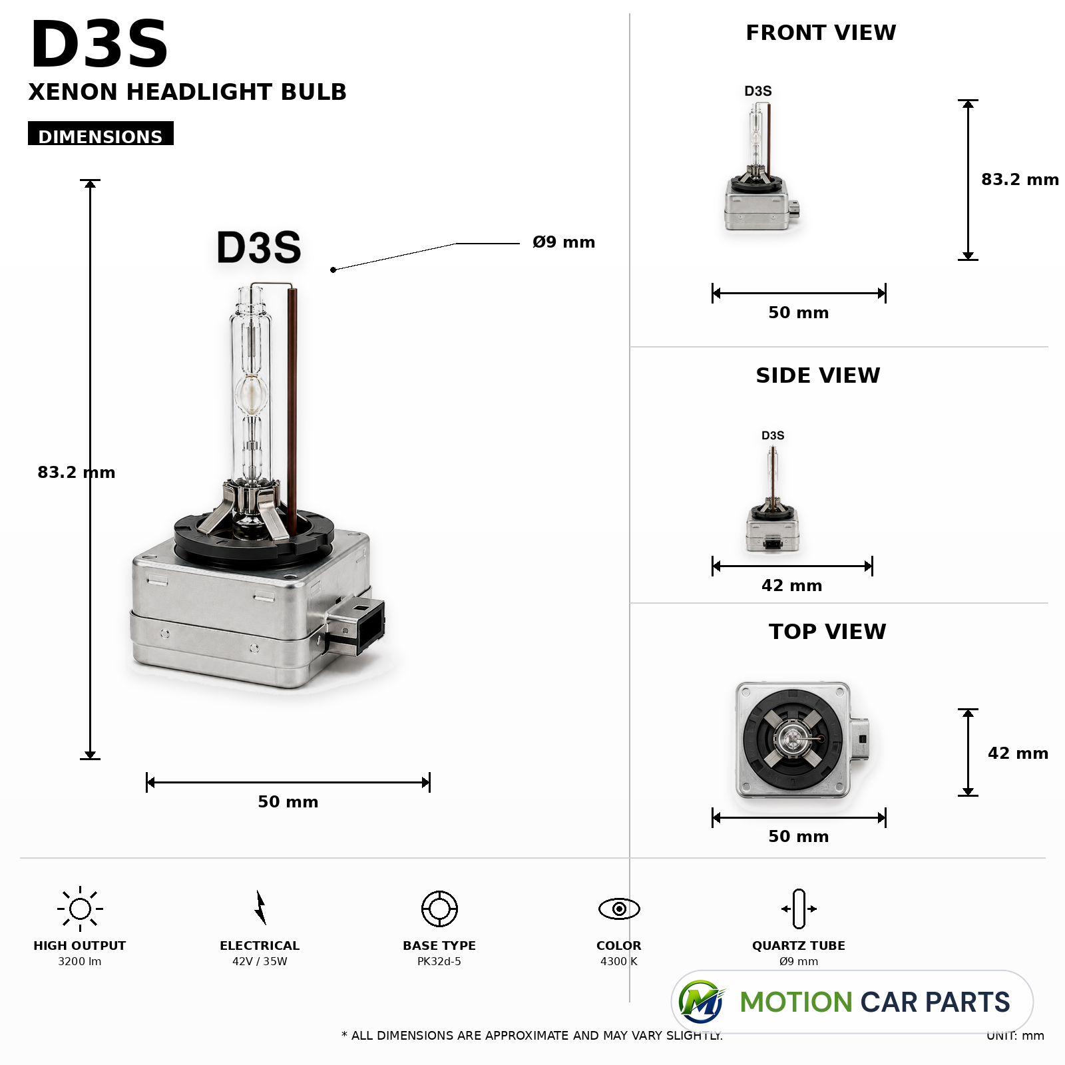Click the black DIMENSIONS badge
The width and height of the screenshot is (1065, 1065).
click(x=101, y=133)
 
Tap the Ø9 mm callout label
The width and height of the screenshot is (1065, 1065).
click(x=564, y=242)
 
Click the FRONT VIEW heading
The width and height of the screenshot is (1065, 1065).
click(x=821, y=33)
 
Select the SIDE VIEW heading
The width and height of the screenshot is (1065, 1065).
click(x=818, y=375)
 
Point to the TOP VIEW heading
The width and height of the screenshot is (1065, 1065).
click(x=827, y=632)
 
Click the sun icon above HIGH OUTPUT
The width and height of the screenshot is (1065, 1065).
click(x=80, y=909)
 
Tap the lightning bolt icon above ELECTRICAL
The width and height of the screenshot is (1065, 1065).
click(x=260, y=908)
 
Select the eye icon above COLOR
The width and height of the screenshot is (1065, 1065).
click(x=619, y=909)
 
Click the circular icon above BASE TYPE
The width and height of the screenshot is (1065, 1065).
click(x=439, y=909)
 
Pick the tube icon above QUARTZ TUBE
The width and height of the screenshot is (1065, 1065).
click(x=799, y=909)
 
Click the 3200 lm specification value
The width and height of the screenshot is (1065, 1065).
click(x=80, y=961)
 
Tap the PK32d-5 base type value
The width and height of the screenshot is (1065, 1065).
click(x=439, y=961)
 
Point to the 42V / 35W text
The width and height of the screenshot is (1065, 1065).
click(x=260, y=961)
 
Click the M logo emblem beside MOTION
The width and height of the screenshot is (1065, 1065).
click(x=701, y=1002)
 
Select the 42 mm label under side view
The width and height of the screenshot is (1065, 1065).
click(x=792, y=586)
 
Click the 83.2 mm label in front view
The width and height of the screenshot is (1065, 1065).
click(x=1020, y=180)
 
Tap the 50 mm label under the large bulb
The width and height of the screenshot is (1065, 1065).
click(x=288, y=802)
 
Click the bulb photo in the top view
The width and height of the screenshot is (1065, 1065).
click(x=802, y=740)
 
